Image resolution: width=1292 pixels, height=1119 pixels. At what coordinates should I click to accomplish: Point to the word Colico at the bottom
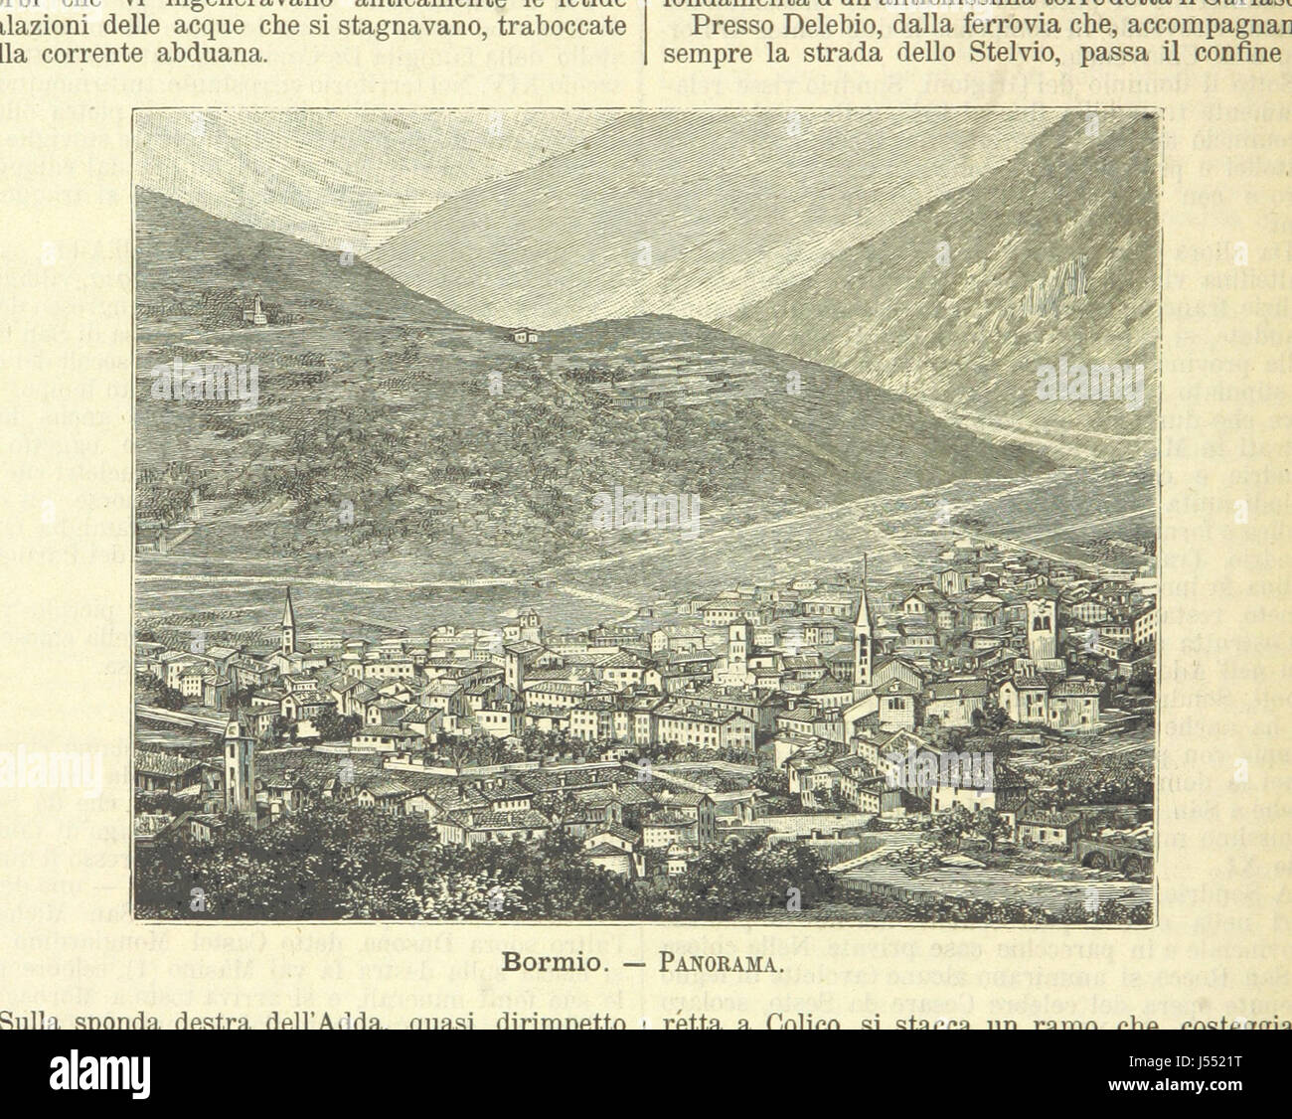(x=787, y=994)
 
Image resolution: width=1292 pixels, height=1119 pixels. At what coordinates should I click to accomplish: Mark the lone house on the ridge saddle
(x=523, y=335)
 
